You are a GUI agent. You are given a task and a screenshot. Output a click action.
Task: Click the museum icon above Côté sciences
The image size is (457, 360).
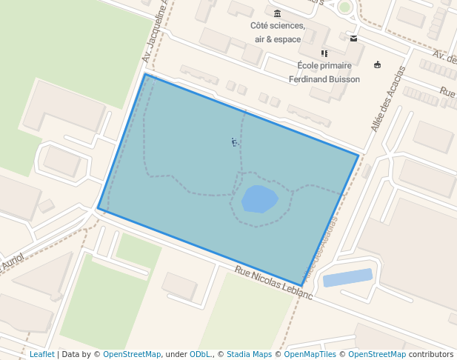pyautogui.click(x=277, y=13)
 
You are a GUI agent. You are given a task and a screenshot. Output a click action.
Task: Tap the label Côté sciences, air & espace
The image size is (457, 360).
pyautogui.click(x=277, y=32)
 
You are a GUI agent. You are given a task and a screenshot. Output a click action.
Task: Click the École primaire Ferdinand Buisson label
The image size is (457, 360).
pyautogui.click(x=324, y=72)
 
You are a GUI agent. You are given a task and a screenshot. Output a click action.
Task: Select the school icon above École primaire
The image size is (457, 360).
pyautogui.click(x=324, y=53)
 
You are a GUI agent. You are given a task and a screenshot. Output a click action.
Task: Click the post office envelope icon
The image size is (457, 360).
pyautogui.click(x=354, y=39)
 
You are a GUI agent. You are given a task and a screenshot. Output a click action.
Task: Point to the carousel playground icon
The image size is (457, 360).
pyautogui.click(x=378, y=64)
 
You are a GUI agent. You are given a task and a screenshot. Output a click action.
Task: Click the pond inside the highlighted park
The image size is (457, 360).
pyautogui.click(x=259, y=199)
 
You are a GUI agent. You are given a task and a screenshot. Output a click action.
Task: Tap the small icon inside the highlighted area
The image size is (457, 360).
pyautogui.click(x=235, y=141)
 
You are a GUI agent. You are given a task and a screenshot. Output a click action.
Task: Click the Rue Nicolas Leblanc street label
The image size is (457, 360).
pyautogui.click(x=273, y=282)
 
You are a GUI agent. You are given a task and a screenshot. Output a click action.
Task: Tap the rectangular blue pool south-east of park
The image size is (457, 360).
pyautogui.click(x=347, y=278)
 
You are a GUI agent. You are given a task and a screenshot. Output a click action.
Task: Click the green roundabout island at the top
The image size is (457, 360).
pyautogui.click(x=344, y=7)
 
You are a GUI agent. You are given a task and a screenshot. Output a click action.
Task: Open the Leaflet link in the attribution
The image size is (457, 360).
pyautogui.click(x=41, y=354)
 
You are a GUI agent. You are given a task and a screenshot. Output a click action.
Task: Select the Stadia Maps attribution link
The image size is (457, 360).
pyautogui.click(x=249, y=354)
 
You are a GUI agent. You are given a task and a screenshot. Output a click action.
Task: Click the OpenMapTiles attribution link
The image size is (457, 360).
pyautogui.click(x=307, y=354)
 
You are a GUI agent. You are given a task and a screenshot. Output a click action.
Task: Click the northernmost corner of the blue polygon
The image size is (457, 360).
pyautogui.click(x=145, y=74)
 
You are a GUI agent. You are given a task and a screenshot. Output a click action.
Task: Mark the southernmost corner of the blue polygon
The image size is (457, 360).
pyautogui.click(x=302, y=285)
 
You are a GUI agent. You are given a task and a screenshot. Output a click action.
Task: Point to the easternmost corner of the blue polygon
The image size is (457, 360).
pyautogui.click(x=358, y=156)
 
